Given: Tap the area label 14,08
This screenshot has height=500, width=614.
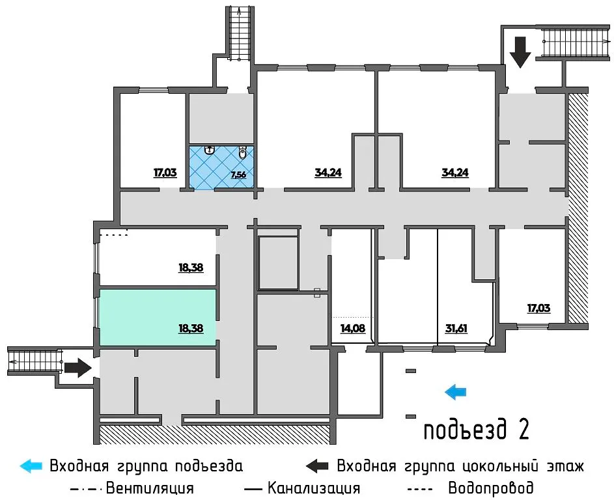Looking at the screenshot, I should pyautogui.click(x=352, y=328).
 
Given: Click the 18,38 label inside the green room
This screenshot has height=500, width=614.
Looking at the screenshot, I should pyautogui.click(x=191, y=329).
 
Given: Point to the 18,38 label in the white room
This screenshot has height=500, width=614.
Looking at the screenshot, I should pyautogui.click(x=191, y=267).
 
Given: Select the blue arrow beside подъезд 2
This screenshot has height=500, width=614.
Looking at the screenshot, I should pyautogui.click(x=456, y=391).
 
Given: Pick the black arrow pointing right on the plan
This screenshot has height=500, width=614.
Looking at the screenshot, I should pyautogui.click(x=78, y=368).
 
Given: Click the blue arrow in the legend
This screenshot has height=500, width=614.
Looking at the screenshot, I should pyautogui.click(x=31, y=465).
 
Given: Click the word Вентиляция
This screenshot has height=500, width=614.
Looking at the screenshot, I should pyautogui.click(x=150, y=488).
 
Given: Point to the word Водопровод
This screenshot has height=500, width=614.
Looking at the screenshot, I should pyautogui.click(x=490, y=488).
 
